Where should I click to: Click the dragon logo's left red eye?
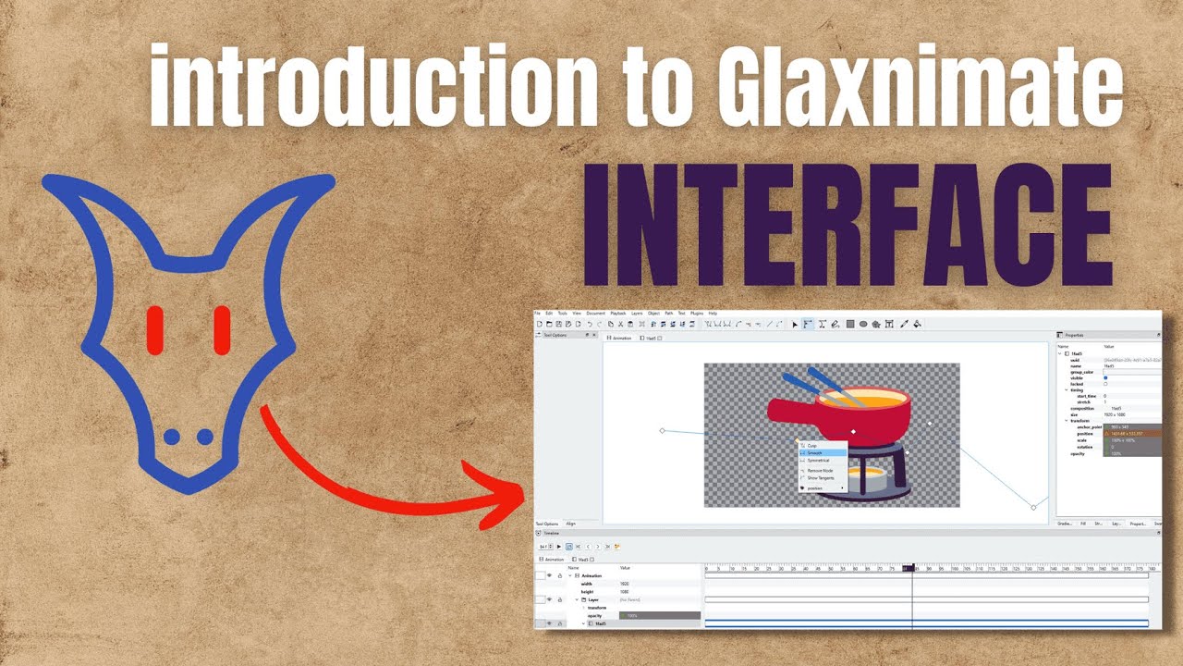(154, 330)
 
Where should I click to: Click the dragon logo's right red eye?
(222, 330)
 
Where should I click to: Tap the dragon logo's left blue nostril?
(172, 437)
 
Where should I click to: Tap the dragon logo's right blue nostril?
(205, 437)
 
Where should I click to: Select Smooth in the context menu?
(815, 452)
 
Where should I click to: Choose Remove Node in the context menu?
(820, 471)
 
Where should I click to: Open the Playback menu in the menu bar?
(618, 314)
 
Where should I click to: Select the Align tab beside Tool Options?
(570, 524)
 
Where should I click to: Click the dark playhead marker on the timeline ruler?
(909, 568)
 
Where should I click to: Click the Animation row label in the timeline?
(591, 575)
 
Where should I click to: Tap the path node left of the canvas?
(662, 430)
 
